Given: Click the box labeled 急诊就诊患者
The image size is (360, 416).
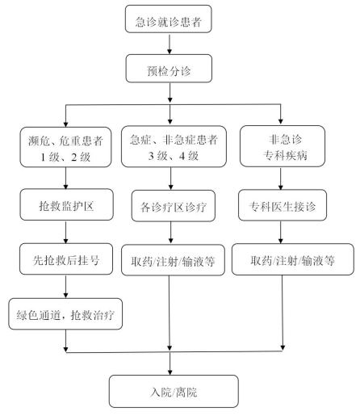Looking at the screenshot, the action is pos(169,19).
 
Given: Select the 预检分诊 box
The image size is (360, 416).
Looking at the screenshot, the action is pos(169,69).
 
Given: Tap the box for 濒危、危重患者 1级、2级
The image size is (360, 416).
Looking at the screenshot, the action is pos(65,147).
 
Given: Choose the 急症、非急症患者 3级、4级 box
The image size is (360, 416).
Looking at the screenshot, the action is pos(174,146).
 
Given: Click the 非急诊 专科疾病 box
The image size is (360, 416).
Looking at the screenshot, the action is pos(283,146).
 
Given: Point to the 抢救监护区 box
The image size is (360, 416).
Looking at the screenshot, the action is pos(66,204).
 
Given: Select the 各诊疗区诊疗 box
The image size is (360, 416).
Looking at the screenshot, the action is pos(174,206).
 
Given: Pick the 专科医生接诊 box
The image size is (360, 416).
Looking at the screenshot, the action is pos(283,205).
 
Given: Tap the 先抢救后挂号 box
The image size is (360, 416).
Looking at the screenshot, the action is pos(66,259).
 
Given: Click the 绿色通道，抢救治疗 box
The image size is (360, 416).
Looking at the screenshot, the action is pos(65,314).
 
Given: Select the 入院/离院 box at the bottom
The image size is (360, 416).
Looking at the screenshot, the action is pos(174,391).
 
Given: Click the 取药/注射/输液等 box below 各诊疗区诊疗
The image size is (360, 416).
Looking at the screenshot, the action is pos(173,260).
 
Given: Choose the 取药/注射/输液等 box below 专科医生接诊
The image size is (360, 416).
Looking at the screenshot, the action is pos(293,259).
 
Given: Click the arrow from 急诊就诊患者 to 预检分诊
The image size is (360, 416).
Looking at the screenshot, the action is pos(170,44).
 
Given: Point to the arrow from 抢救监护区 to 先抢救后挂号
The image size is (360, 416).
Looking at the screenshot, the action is pos(66,232).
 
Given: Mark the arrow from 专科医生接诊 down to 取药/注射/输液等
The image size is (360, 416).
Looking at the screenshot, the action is pos(281,233).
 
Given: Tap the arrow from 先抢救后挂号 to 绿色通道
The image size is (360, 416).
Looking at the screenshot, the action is pos(66,287).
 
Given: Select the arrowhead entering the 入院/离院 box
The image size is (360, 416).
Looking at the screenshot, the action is pos(170,372).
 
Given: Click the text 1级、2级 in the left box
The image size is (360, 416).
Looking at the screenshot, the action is pos(65,157).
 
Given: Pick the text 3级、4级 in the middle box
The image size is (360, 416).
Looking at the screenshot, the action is pos(174,156).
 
